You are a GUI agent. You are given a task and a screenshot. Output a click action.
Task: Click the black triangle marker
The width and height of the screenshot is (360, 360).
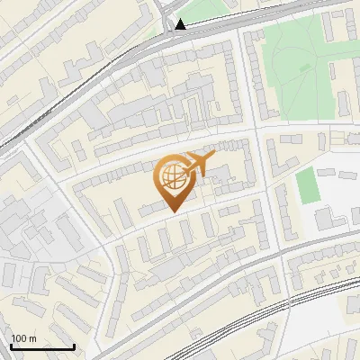tap(182, 24)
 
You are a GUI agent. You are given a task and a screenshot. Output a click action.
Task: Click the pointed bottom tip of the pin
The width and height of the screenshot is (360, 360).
tap(171, 211)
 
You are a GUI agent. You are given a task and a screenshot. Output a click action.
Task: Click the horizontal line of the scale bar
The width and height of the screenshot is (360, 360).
tap(42, 346)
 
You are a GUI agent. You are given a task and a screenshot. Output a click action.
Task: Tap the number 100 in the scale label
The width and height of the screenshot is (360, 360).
tap(20, 338)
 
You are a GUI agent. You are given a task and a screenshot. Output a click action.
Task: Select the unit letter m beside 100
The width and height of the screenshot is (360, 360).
tap(32, 339)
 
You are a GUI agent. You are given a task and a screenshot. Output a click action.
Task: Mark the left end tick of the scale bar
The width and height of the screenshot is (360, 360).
tap(12, 345)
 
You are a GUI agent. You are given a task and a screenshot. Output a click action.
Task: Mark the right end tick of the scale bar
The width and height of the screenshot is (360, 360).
tap(74, 345)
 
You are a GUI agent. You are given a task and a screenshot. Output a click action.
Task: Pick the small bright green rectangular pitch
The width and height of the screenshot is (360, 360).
tap(307, 185)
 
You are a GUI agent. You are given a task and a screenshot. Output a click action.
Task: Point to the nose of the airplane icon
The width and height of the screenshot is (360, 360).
tap(214, 157)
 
